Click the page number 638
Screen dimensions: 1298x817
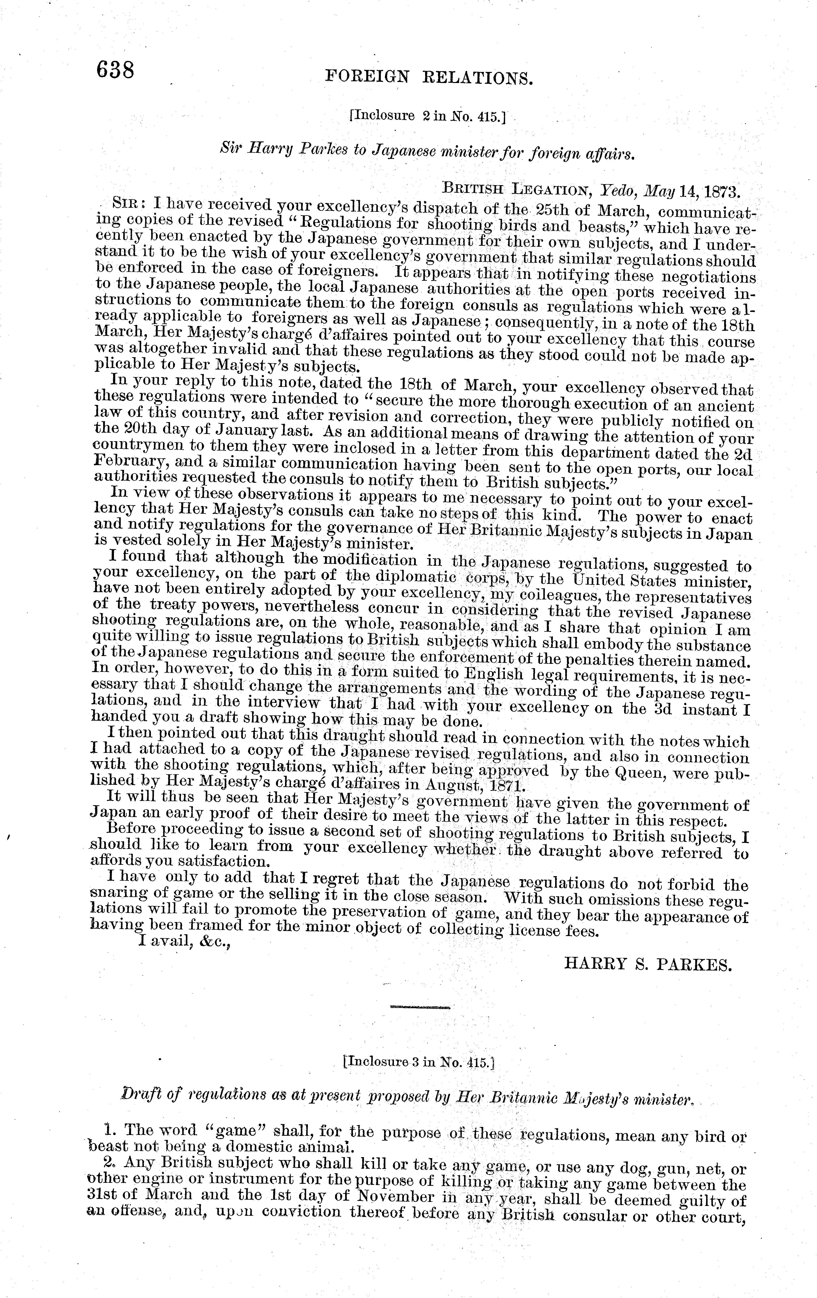(115, 70)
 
